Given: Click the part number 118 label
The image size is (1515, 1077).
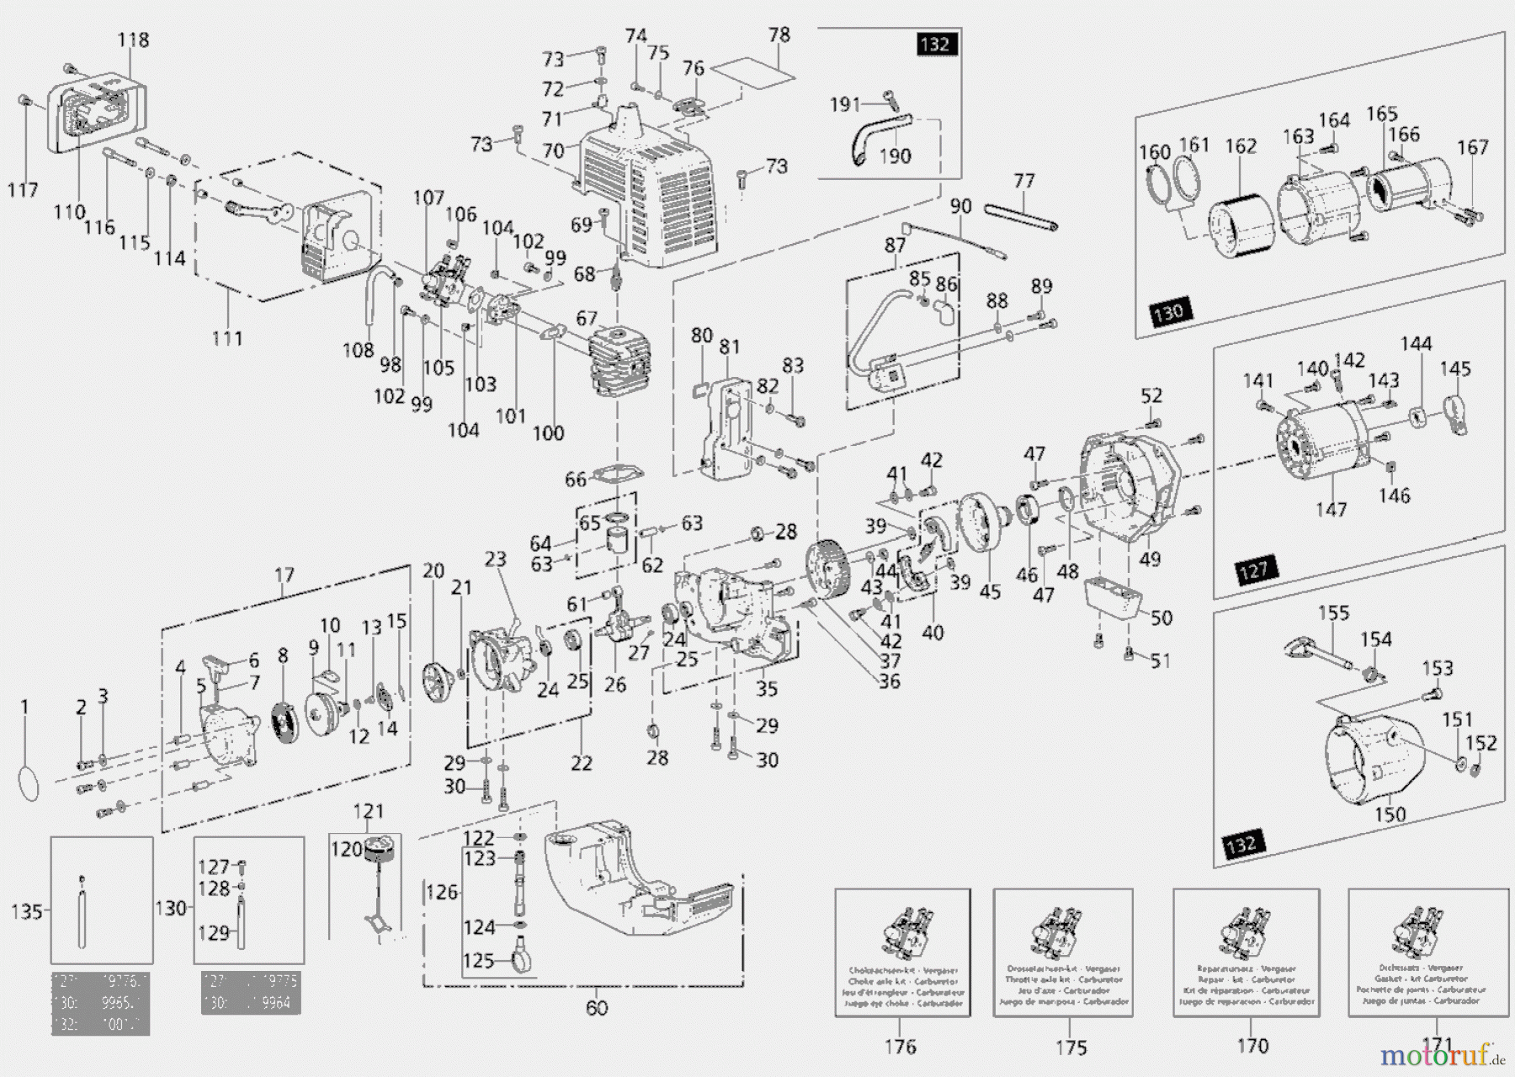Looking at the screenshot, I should pos(133,40).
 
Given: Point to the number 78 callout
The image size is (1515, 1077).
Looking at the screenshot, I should pos(779,34).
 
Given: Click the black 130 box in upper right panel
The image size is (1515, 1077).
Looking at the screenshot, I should pos(1168,313).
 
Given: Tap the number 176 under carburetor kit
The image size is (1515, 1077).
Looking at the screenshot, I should pos(900,1046).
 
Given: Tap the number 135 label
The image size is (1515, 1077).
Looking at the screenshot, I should pos(26,910).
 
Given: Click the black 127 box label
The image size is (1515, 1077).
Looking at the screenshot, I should pos(1253,570).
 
